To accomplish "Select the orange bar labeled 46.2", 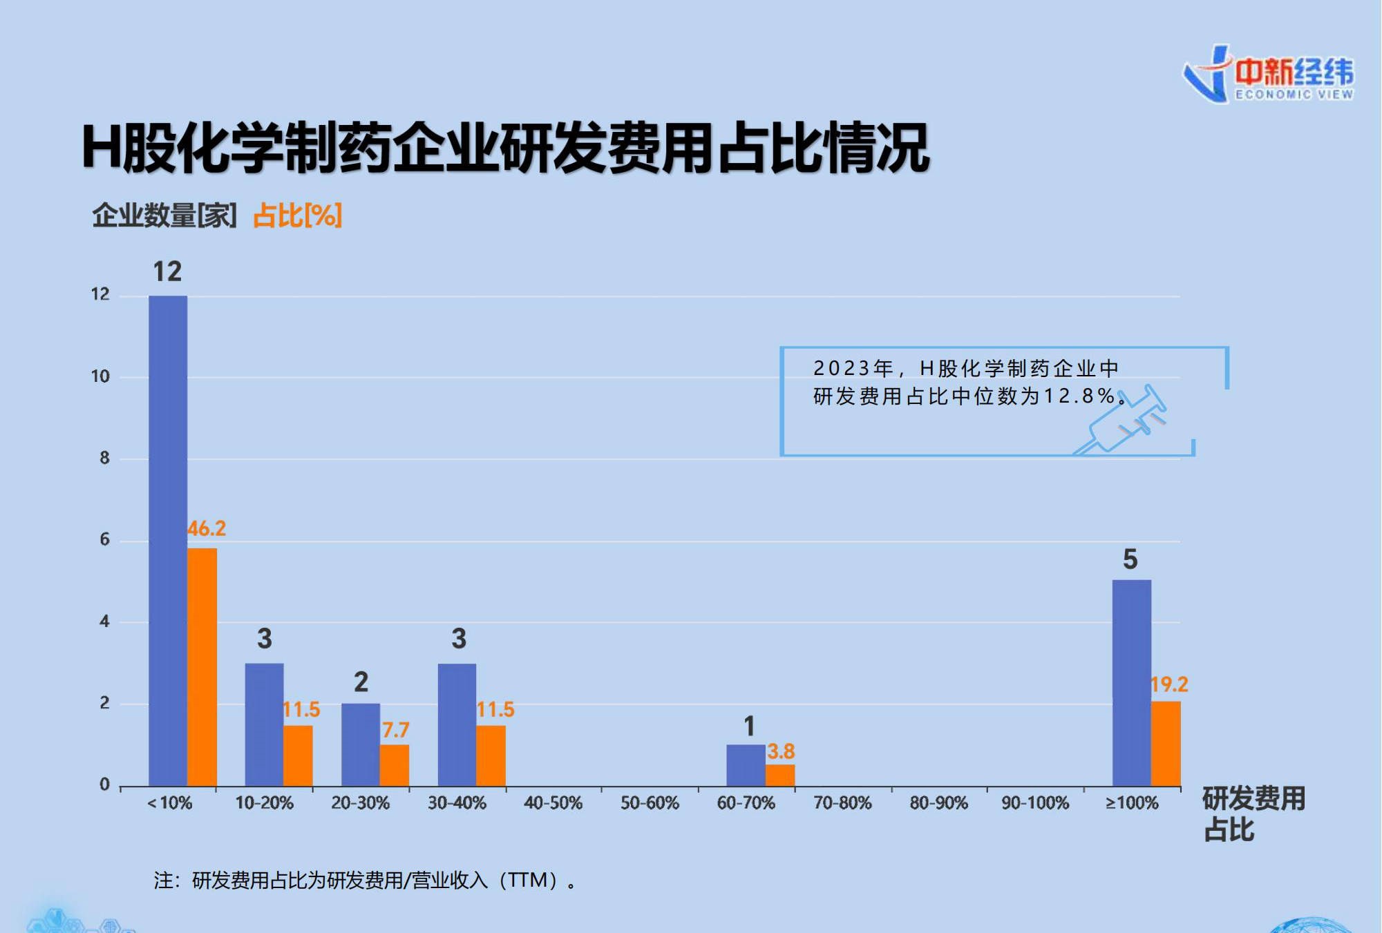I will (x=202, y=667).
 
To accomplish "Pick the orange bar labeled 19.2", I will (x=1166, y=744).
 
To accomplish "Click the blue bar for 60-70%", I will (x=746, y=765).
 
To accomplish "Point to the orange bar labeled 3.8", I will (x=780, y=775).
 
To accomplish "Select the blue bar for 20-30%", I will (x=360, y=744).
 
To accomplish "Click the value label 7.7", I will (x=395, y=730).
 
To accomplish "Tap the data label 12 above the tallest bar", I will (x=167, y=271).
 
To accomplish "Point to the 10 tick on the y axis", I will (x=101, y=376).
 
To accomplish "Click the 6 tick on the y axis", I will (x=104, y=539).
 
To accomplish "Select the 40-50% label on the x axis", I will (x=553, y=803).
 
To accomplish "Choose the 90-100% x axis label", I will (x=1035, y=803).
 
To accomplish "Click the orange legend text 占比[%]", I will (x=297, y=215).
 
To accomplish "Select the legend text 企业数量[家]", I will (x=164, y=215).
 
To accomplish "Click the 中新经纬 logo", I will (x=1269, y=75).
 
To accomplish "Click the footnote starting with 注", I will (x=365, y=881).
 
